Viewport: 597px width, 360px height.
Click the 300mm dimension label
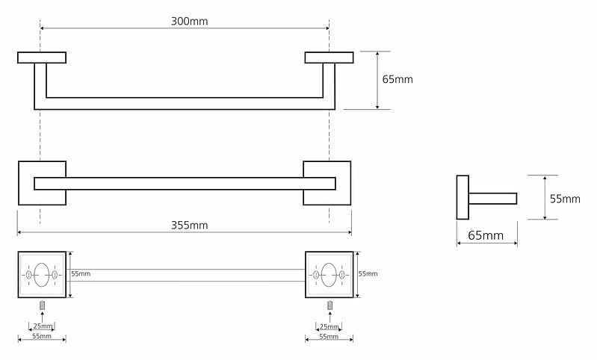tap(189, 21)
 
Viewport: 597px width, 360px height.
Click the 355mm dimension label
tap(189, 226)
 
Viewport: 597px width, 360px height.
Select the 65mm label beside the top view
tap(398, 79)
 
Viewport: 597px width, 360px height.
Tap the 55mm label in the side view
tap(565, 199)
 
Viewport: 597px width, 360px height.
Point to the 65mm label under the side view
tap(486, 235)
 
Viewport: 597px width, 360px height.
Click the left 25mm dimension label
tap(43, 326)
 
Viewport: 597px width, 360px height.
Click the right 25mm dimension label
tap(329, 326)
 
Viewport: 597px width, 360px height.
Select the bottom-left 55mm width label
tap(42, 336)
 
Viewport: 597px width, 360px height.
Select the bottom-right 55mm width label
tap(329, 336)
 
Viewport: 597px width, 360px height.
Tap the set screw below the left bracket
tap(43, 305)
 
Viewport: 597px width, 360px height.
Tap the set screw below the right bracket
tap(330, 305)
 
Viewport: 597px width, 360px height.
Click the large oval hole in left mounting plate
tap(42, 274)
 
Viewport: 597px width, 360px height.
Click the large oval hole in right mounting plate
tap(329, 274)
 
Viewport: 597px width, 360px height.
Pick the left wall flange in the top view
tap(42, 58)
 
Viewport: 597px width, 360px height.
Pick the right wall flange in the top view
tap(329, 58)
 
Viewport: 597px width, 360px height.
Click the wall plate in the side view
tap(463, 197)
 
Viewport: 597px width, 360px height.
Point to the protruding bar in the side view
tap(492, 199)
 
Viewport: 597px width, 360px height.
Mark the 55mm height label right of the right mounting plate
tap(368, 273)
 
